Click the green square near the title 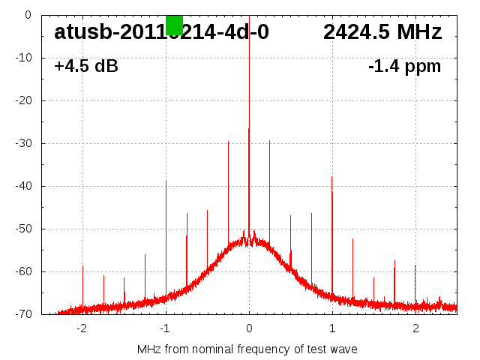tap(174, 25)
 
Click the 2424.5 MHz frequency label tap(382, 32)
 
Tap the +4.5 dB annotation tap(86, 66)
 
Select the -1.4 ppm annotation tap(405, 66)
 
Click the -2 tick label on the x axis tap(82, 328)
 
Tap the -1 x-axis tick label tap(165, 328)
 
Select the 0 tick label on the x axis tap(249, 328)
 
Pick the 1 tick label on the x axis tap(332, 328)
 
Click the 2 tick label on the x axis tap(415, 328)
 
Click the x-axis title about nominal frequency tap(247, 349)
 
